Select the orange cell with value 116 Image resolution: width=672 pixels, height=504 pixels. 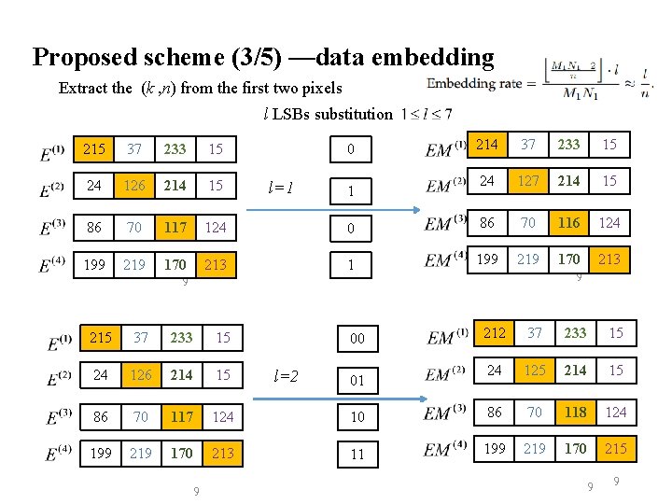click(569, 222)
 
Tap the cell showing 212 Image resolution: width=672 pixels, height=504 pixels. click(494, 332)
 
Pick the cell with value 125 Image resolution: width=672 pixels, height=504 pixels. click(534, 371)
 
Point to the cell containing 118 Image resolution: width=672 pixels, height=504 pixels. click(575, 411)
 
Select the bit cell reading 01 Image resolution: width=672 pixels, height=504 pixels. click(357, 381)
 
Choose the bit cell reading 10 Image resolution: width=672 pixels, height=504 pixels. click(357, 415)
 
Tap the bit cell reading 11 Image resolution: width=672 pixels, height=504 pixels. click(357, 455)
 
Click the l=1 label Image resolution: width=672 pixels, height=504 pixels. click(280, 187)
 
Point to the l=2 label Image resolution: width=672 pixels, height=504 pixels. click(286, 376)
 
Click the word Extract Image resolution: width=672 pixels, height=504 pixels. click(84, 89)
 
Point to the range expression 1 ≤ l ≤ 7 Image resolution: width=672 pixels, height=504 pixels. click(426, 114)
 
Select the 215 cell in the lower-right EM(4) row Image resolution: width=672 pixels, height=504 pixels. click(615, 449)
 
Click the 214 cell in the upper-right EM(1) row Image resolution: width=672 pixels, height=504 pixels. click(487, 144)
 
